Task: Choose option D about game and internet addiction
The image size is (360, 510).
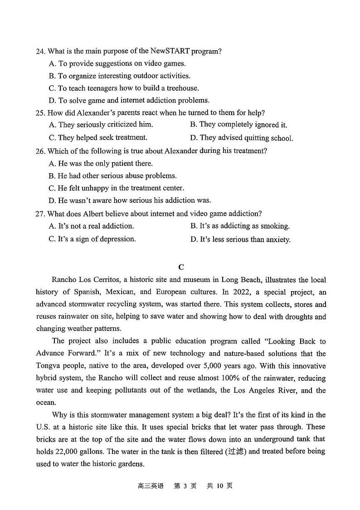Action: [x=129, y=100]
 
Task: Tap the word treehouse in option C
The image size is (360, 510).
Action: [x=183, y=88]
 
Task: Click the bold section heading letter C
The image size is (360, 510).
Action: [x=181, y=267]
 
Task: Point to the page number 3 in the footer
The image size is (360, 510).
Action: [x=185, y=486]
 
